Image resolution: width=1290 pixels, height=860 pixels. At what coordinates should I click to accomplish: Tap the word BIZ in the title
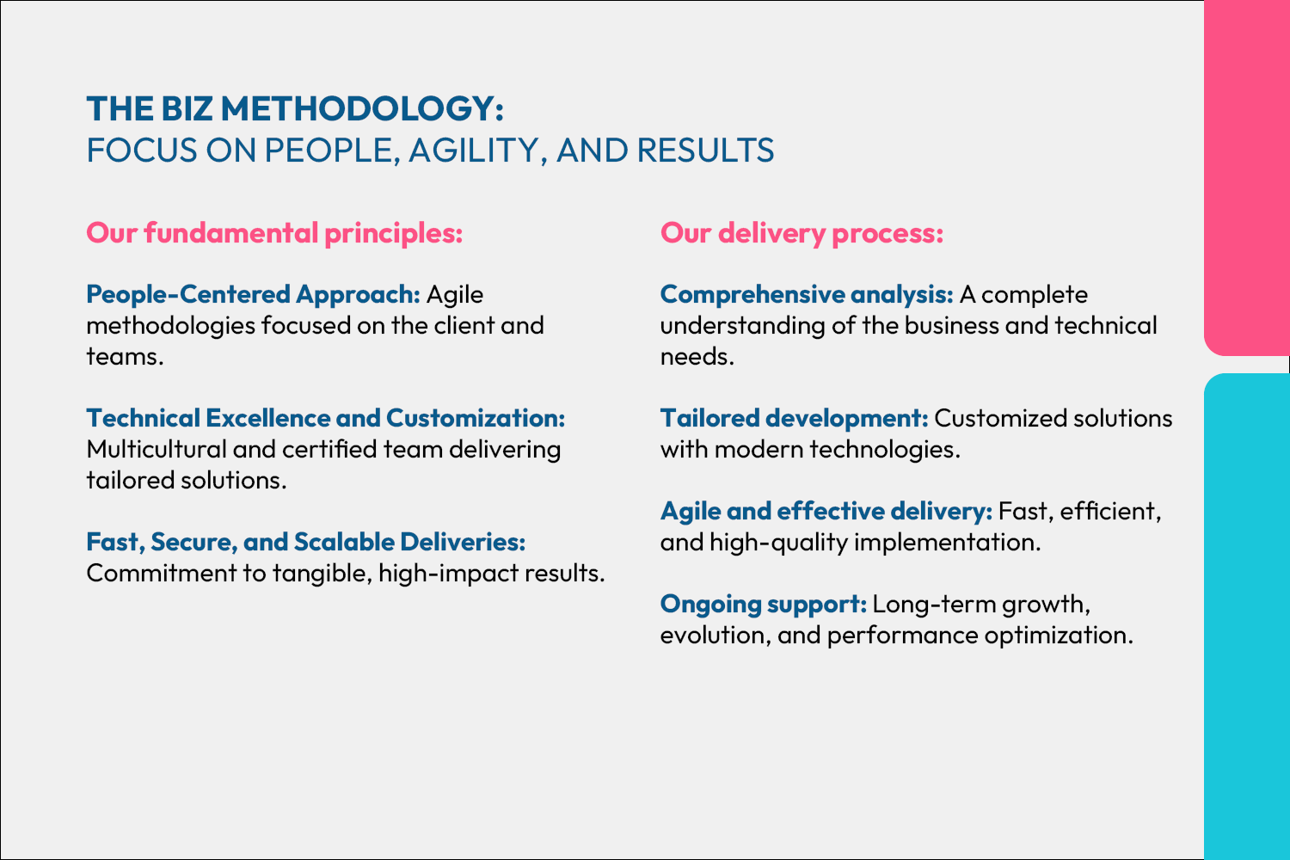pyautogui.click(x=187, y=109)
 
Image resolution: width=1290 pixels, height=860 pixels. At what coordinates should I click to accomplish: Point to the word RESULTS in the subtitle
pyautogui.click(x=705, y=150)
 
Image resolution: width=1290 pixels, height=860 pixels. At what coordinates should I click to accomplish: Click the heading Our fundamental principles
pyautogui.click(x=274, y=234)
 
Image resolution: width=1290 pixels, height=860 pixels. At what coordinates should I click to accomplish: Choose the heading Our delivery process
pyautogui.click(x=802, y=234)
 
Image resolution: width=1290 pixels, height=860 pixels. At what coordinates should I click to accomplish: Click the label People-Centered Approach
pyautogui.click(x=254, y=295)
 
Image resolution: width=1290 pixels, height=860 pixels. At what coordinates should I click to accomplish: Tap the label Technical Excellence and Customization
pyautogui.click(x=326, y=418)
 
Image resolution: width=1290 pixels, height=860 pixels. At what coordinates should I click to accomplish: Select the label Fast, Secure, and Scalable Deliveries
pyautogui.click(x=306, y=542)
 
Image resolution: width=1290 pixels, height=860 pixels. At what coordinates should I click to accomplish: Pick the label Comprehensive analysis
pyautogui.click(x=807, y=295)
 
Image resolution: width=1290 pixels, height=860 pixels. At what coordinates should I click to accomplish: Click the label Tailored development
pyautogui.click(x=794, y=418)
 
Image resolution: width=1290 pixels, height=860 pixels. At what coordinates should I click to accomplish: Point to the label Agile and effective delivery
pyautogui.click(x=826, y=512)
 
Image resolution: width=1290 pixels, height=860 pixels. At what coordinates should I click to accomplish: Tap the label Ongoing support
pyautogui.click(x=764, y=605)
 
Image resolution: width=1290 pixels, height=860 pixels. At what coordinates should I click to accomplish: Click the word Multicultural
pyautogui.click(x=157, y=449)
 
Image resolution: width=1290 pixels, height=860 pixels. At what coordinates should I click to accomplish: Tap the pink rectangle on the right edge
pyautogui.click(x=1247, y=177)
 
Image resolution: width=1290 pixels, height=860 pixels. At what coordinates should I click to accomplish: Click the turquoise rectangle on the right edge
pyautogui.click(x=1247, y=617)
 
